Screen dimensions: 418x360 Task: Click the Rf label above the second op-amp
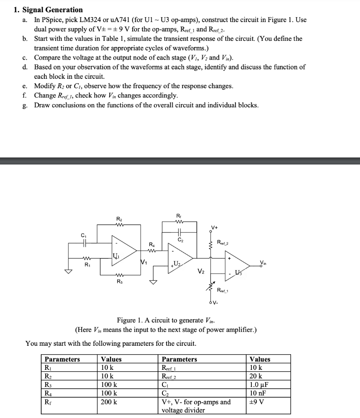point(178,216)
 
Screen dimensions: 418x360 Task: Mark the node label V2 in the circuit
point(201,271)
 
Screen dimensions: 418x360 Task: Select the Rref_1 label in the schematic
point(223,291)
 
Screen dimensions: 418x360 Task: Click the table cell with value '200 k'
point(109,402)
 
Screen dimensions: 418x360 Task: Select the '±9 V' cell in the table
point(257,402)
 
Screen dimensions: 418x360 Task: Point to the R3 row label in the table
point(48,385)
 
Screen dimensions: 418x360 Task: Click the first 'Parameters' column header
point(62,359)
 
